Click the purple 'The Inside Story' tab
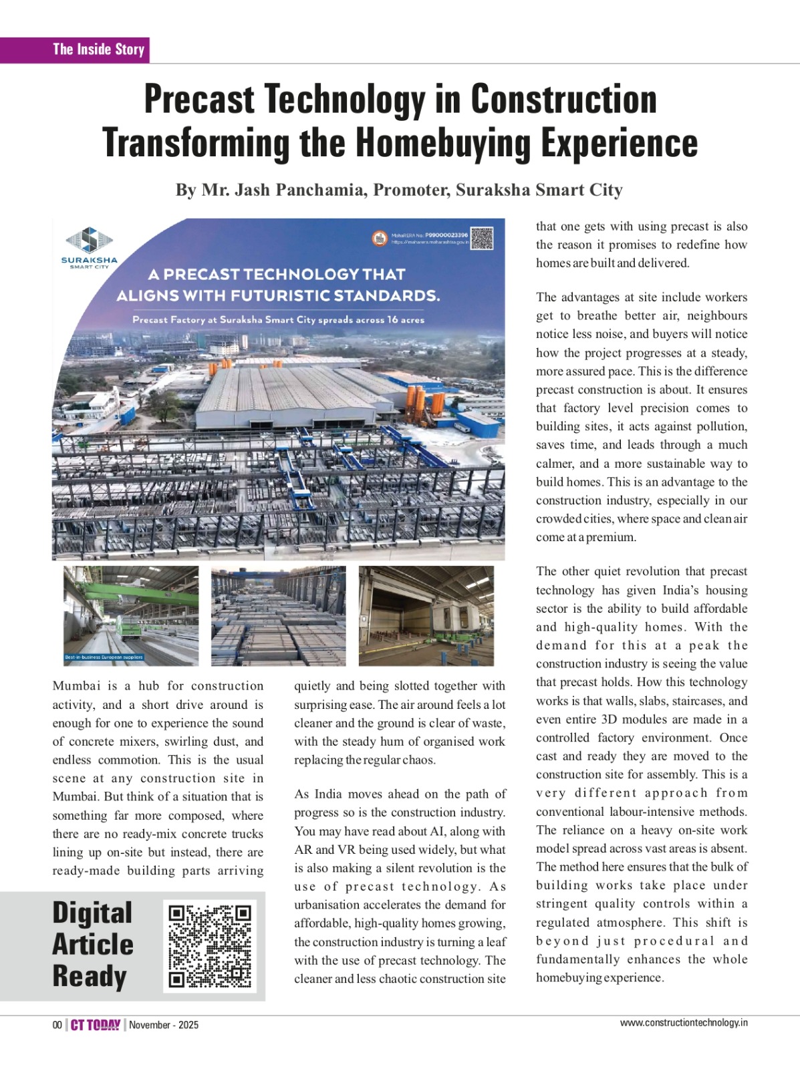click(x=98, y=49)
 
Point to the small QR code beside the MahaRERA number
click(x=482, y=238)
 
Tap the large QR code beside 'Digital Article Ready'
click(x=211, y=945)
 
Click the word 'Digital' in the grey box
click(x=92, y=913)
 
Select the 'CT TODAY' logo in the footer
click(x=96, y=1025)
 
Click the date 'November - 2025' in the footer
click(x=164, y=1025)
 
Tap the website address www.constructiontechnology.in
click(x=683, y=1022)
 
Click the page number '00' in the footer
click(x=57, y=1025)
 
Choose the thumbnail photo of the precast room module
click(x=426, y=615)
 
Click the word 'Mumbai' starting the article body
click(x=76, y=686)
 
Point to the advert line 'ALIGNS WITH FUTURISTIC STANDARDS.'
click(x=278, y=295)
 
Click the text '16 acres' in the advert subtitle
click(x=406, y=320)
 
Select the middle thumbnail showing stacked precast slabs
click(x=278, y=615)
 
